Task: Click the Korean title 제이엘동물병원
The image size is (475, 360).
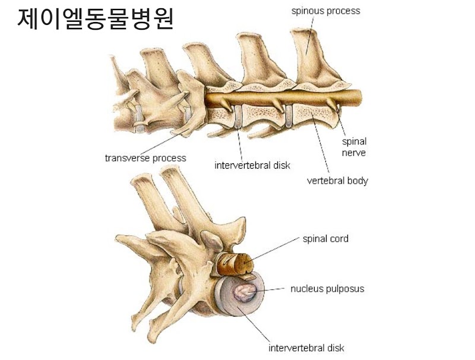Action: click(x=95, y=20)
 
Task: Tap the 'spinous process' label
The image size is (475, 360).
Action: click(x=325, y=10)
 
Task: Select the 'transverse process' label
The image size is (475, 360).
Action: click(x=145, y=158)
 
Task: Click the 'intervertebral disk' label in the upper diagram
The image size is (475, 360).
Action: click(x=252, y=165)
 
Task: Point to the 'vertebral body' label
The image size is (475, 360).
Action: click(x=337, y=181)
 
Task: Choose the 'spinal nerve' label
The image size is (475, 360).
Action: click(x=354, y=147)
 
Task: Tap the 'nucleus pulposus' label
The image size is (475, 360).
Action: click(x=327, y=289)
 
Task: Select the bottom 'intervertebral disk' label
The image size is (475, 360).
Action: click(x=306, y=348)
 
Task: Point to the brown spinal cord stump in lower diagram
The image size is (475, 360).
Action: click(x=233, y=263)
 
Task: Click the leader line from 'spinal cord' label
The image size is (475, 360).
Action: click(x=276, y=250)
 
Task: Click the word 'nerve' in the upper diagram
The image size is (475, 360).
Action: click(x=354, y=153)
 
